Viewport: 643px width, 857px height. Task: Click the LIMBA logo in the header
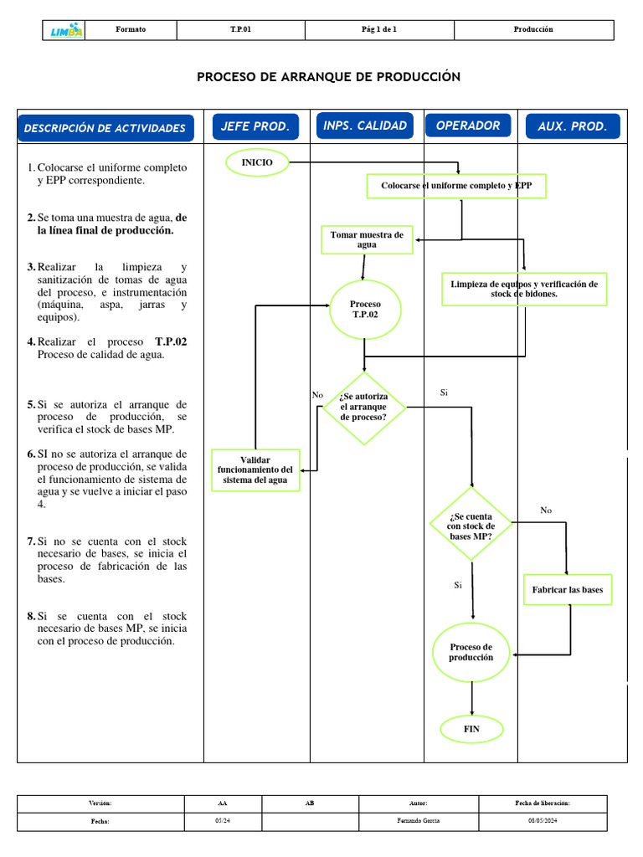coord(66,30)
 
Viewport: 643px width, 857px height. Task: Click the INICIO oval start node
coord(257,162)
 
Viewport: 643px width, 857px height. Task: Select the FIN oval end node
coord(472,729)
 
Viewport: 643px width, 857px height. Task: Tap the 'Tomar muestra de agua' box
coord(367,240)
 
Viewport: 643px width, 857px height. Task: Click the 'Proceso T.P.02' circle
coord(365,310)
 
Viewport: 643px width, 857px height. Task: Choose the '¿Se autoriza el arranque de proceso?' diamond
coord(364,407)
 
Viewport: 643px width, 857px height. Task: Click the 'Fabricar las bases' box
coord(567,590)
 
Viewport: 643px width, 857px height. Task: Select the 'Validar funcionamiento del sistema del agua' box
coord(255,470)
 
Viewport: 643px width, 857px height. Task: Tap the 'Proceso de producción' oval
coord(471,652)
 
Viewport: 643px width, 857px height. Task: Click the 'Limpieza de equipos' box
coord(524,289)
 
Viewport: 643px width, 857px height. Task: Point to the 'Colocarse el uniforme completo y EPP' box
coord(456,186)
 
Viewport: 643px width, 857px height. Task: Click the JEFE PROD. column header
coord(255,126)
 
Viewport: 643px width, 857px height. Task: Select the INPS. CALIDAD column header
coord(365,126)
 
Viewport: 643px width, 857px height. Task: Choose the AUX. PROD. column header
coord(573,126)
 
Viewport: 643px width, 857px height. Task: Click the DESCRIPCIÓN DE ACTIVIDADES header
coord(105,128)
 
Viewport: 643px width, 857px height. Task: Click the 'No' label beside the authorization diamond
coord(317,395)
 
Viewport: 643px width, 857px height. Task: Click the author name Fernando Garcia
coord(419,821)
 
